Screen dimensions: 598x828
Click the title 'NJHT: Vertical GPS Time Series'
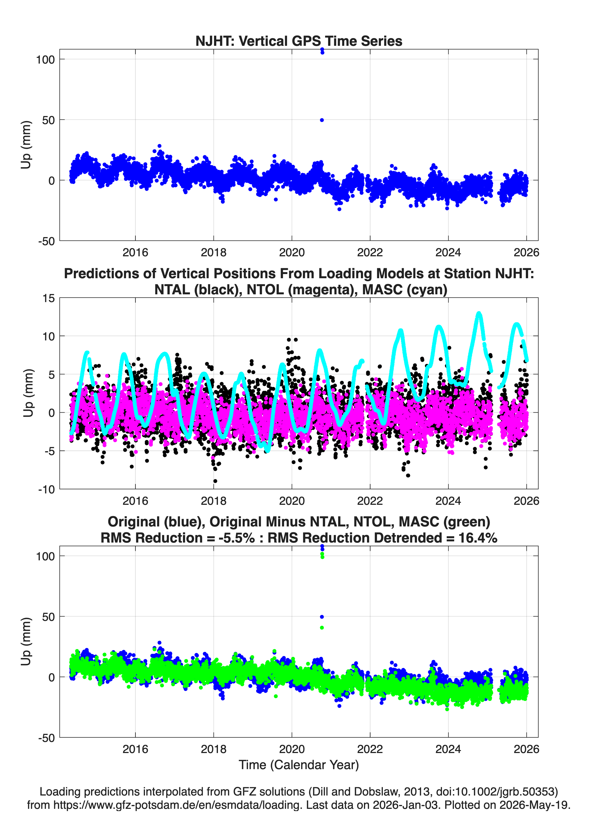point(299,41)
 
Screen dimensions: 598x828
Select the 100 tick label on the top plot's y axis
point(45,59)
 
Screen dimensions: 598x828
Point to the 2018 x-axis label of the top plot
point(213,252)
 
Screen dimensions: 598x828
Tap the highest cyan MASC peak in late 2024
point(479,313)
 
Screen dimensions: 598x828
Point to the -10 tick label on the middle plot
point(46,490)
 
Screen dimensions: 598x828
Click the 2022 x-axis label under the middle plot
point(370,501)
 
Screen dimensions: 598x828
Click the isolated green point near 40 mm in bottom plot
point(322,628)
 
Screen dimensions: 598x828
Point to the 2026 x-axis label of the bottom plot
point(526,749)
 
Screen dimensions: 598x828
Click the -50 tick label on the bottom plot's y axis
point(46,738)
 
